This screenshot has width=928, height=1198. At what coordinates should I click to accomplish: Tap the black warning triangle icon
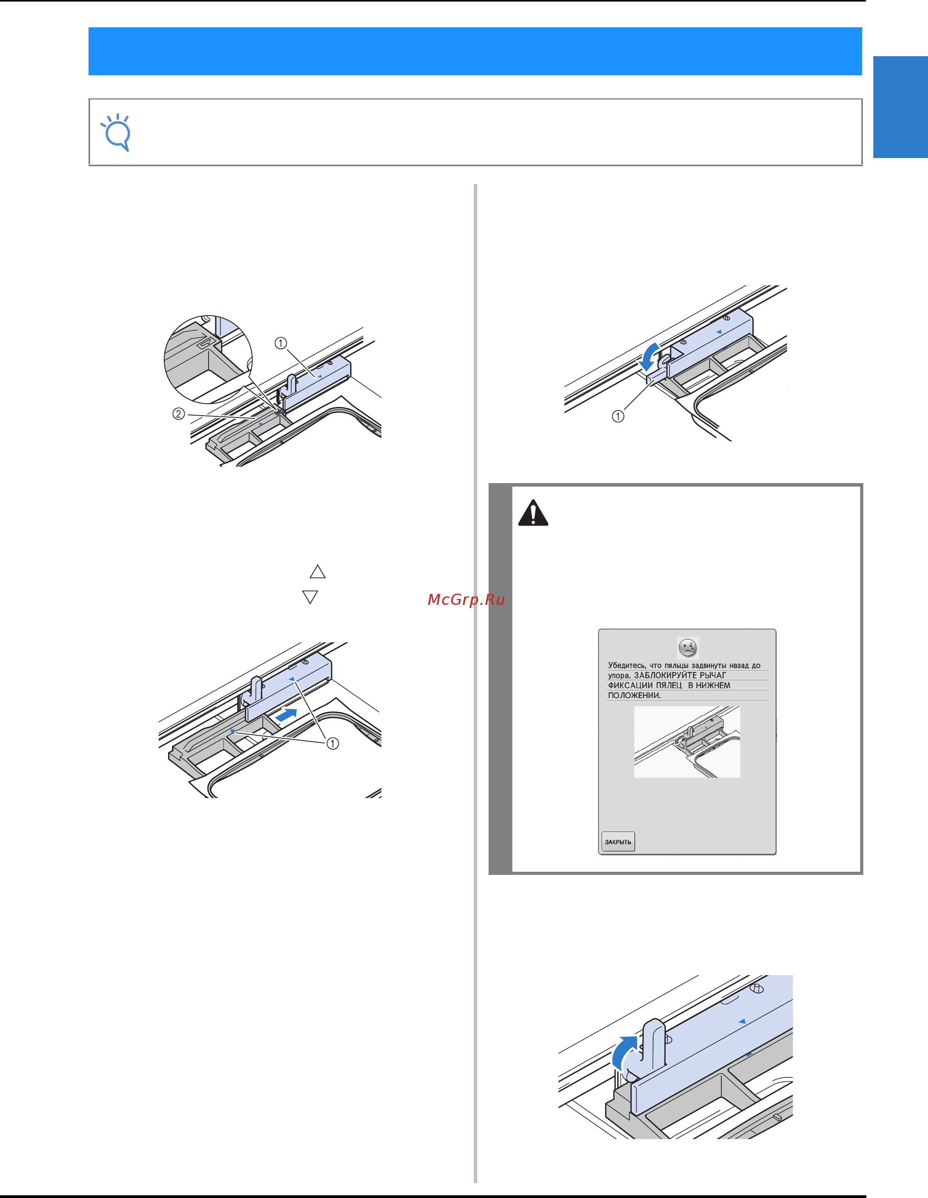click(x=533, y=513)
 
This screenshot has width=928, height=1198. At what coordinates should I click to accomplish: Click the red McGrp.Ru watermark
click(x=466, y=599)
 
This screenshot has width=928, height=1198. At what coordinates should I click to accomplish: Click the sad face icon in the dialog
click(x=687, y=648)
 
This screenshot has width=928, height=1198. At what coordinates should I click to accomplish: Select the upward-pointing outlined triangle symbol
click(x=317, y=572)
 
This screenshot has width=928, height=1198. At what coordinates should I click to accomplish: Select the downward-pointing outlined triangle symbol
click(x=310, y=597)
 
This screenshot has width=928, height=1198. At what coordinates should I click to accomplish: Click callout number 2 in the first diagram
click(x=179, y=414)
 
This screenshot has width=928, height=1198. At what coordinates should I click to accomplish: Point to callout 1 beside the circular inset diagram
click(x=281, y=343)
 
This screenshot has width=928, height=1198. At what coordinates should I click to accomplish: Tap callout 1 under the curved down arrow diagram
click(x=618, y=416)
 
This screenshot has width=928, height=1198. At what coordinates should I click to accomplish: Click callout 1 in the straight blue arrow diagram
click(x=333, y=743)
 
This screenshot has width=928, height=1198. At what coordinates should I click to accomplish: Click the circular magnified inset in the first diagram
click(x=208, y=360)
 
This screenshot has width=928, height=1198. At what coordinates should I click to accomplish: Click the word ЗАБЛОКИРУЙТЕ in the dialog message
click(x=666, y=675)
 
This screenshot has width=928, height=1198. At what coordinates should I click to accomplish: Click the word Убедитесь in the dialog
click(x=627, y=665)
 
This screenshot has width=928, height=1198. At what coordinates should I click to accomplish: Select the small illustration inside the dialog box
click(x=687, y=741)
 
